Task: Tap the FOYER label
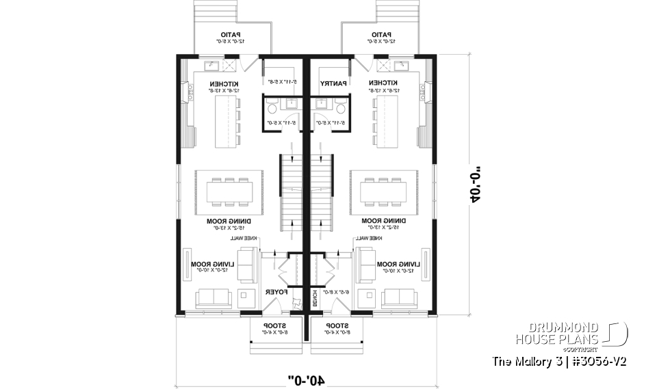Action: point(275,292)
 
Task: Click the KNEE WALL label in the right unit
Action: point(368,239)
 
